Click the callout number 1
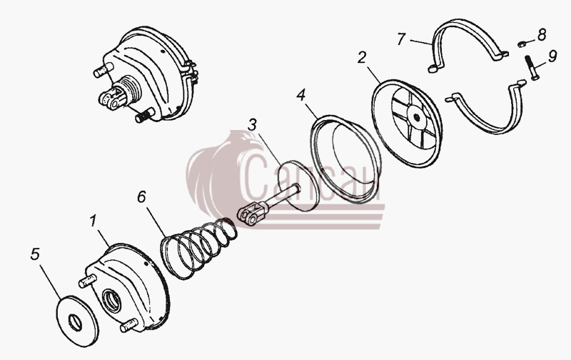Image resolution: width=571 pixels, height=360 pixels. pyautogui.click(x=94, y=221)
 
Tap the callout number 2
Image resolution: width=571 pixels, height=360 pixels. pyautogui.click(x=361, y=58)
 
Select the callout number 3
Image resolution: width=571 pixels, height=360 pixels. pyautogui.click(x=252, y=125)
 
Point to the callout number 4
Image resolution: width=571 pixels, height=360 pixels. pyautogui.click(x=300, y=95)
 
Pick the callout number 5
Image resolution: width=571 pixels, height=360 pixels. pyautogui.click(x=35, y=254)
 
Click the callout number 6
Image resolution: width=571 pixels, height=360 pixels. pyautogui.click(x=141, y=196)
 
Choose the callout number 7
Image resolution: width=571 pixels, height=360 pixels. pyautogui.click(x=401, y=39)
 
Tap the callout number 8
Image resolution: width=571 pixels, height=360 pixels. pyautogui.click(x=542, y=34)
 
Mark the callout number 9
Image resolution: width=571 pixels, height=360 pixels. pyautogui.click(x=552, y=56)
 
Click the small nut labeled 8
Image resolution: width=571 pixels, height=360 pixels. pyautogui.click(x=522, y=44)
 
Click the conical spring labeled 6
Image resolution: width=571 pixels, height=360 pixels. pyautogui.click(x=198, y=247)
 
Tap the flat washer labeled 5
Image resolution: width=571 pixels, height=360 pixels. pyautogui.click(x=77, y=321)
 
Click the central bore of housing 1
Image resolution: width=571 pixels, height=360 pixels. pyautogui.click(x=112, y=301)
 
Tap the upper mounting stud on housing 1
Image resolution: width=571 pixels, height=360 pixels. pyautogui.click(x=87, y=281)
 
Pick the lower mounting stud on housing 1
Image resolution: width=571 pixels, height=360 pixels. pyautogui.click(x=129, y=326)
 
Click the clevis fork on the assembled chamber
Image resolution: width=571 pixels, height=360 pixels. pyautogui.click(x=111, y=99)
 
